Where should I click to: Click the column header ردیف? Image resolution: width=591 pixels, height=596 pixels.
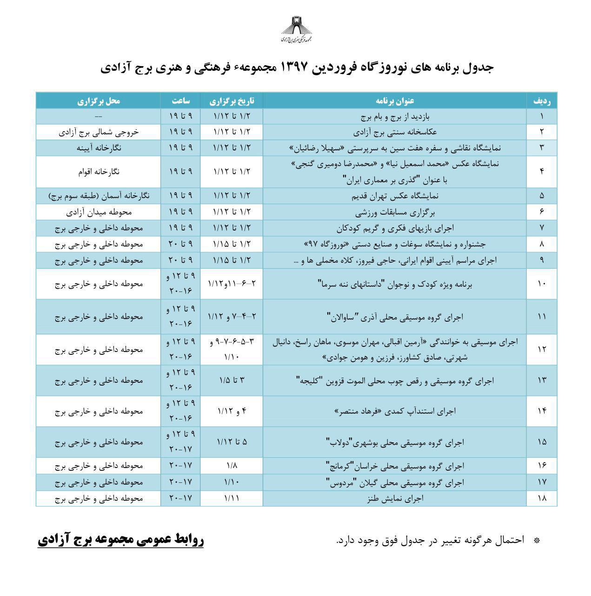click(x=542, y=101)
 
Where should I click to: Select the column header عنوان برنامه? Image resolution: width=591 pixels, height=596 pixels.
click(x=395, y=101)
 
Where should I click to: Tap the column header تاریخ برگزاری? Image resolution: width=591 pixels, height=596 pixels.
click(x=232, y=101)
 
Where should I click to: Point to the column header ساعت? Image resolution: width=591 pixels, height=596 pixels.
click(x=180, y=101)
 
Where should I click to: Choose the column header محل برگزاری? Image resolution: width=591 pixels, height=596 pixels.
click(x=99, y=101)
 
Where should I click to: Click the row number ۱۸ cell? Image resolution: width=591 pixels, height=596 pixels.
click(x=542, y=498)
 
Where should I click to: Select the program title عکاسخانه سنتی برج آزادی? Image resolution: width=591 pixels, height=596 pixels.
click(x=395, y=132)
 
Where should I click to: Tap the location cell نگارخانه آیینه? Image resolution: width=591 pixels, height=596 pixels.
click(x=99, y=148)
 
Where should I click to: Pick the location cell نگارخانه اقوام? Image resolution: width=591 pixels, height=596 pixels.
click(x=99, y=171)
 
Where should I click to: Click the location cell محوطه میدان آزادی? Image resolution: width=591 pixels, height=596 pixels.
click(x=99, y=212)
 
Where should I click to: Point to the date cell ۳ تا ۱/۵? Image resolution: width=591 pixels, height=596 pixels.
click(x=232, y=380)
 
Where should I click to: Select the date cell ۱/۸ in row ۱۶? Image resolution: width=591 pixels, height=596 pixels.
click(x=232, y=466)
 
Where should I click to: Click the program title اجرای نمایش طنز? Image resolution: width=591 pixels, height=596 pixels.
click(x=395, y=498)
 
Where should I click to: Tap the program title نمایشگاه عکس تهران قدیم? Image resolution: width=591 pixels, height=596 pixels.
click(x=395, y=196)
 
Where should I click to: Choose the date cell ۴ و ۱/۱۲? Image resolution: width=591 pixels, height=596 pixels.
click(x=232, y=411)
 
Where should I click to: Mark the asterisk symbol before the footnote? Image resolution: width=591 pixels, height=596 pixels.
click(x=537, y=541)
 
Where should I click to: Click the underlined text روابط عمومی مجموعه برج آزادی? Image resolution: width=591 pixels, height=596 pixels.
click(x=120, y=540)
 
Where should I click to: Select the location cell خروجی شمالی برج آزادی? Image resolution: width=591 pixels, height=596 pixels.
click(x=99, y=132)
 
